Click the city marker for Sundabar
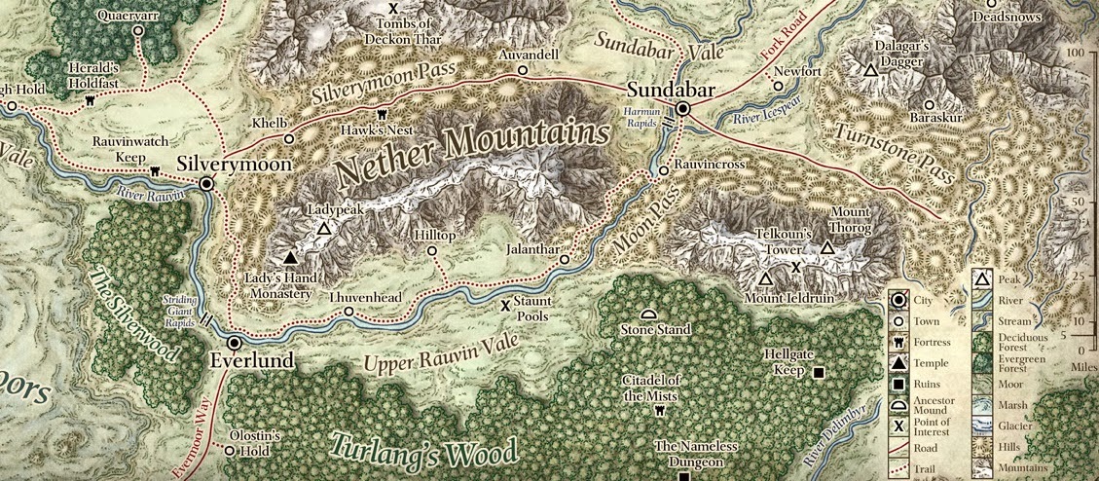point(683,109)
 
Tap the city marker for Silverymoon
point(206,183)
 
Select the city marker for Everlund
point(234,344)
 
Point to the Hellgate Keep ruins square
point(819,373)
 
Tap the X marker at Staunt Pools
point(505,305)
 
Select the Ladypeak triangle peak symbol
point(323,229)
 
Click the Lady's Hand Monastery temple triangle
point(289,259)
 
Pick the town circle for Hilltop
point(432,250)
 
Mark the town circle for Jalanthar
point(564,260)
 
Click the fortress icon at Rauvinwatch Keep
point(154,171)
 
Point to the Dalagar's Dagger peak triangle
point(870,70)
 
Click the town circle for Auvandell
point(523,70)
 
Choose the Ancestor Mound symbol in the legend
point(900,404)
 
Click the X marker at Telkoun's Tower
point(795,267)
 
